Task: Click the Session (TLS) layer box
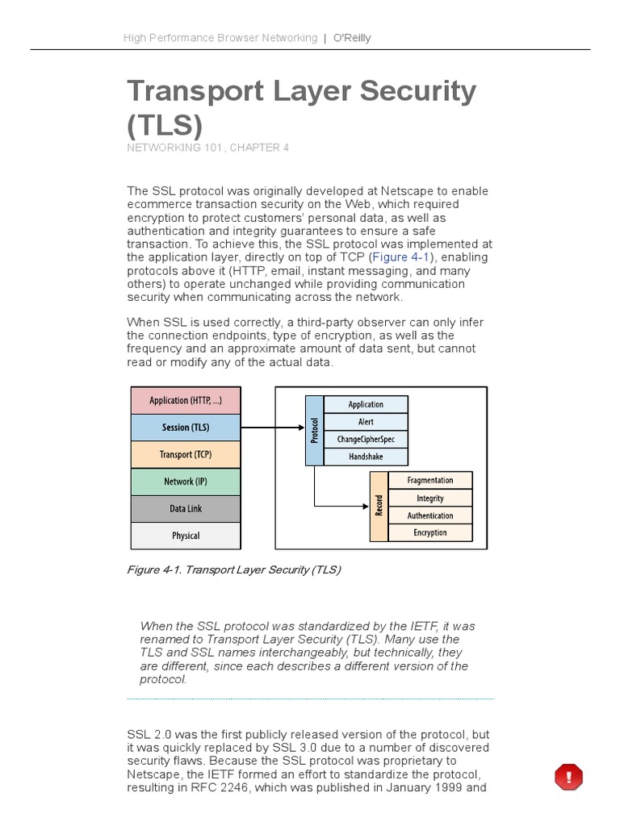(x=186, y=428)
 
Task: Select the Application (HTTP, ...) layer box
(x=186, y=401)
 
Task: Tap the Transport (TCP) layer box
(x=186, y=454)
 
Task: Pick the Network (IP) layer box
(x=186, y=482)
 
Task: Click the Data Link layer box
(x=186, y=509)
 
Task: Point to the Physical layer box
(x=186, y=536)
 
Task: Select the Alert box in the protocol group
(x=366, y=422)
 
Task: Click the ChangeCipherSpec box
(x=366, y=440)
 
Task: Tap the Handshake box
(x=366, y=457)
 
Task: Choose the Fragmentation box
(x=430, y=481)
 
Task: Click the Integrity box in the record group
(x=430, y=499)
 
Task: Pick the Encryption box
(x=430, y=532)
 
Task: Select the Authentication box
(x=430, y=515)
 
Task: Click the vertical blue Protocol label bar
(x=314, y=431)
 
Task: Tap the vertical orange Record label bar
(x=379, y=507)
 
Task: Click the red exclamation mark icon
(x=568, y=778)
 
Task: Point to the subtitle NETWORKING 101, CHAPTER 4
(x=207, y=148)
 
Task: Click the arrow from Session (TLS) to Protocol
(x=272, y=428)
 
